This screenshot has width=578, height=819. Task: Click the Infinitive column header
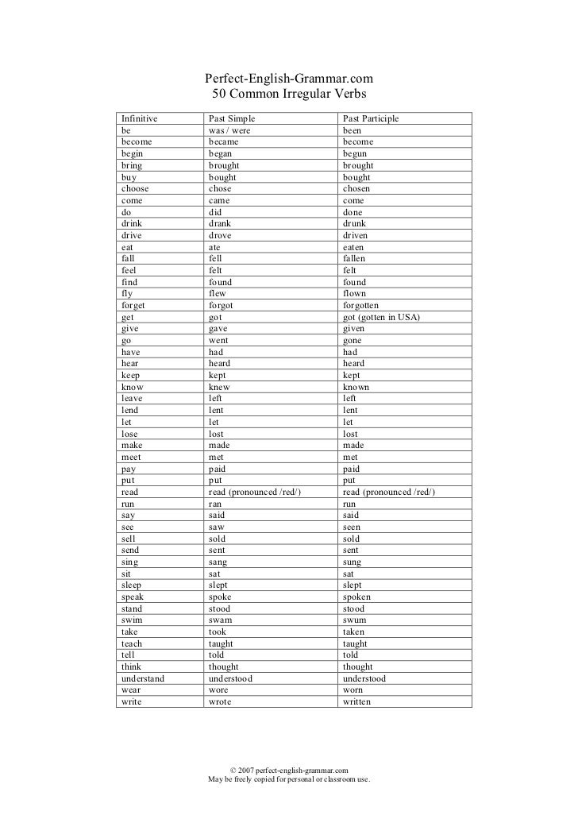pyautogui.click(x=139, y=119)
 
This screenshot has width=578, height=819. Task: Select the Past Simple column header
pyautogui.click(x=233, y=119)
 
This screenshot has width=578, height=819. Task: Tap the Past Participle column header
pyautogui.click(x=371, y=119)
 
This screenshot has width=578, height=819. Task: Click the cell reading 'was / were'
pyautogui.click(x=229, y=130)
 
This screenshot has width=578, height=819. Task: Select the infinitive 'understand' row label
pyautogui.click(x=143, y=679)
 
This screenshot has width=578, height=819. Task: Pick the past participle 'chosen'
pyautogui.click(x=356, y=189)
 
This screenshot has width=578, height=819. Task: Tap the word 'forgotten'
pyautogui.click(x=361, y=305)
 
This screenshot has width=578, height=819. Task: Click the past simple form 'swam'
pyautogui.click(x=221, y=620)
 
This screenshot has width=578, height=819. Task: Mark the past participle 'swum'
pyautogui.click(x=356, y=620)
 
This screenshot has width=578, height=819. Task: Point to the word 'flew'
pyautogui.click(x=217, y=294)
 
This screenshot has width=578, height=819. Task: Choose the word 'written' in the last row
pyautogui.click(x=356, y=702)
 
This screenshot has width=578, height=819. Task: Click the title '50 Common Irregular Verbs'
pyautogui.click(x=289, y=95)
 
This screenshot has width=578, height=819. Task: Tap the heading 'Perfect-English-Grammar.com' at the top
pyautogui.click(x=289, y=79)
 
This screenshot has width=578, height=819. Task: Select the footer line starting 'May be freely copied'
pyautogui.click(x=289, y=780)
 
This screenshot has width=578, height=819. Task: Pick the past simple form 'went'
pyautogui.click(x=218, y=340)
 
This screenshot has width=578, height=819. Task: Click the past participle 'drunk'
pyautogui.click(x=355, y=224)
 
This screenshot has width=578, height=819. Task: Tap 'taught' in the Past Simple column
pyautogui.click(x=223, y=644)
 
